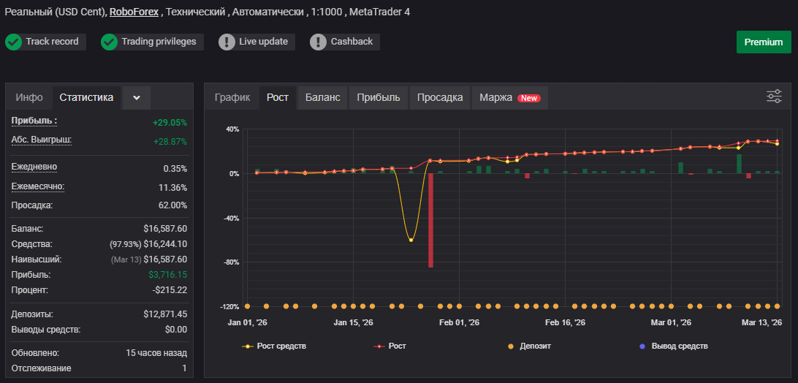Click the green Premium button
point(764,42)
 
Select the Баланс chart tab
point(323,98)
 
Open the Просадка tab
point(440,98)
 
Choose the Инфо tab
point(29,98)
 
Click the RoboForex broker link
point(134,12)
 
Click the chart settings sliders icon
point(774,96)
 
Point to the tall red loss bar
point(430,220)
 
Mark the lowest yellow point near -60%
point(411,240)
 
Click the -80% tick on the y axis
point(232,262)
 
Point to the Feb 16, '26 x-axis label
point(565,322)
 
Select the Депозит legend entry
point(529,346)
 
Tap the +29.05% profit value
point(170,123)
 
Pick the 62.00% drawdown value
point(173,205)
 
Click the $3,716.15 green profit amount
point(168,275)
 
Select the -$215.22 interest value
point(170,289)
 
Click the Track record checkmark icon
point(13,42)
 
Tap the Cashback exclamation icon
point(318,42)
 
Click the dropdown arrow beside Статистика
point(137,98)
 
